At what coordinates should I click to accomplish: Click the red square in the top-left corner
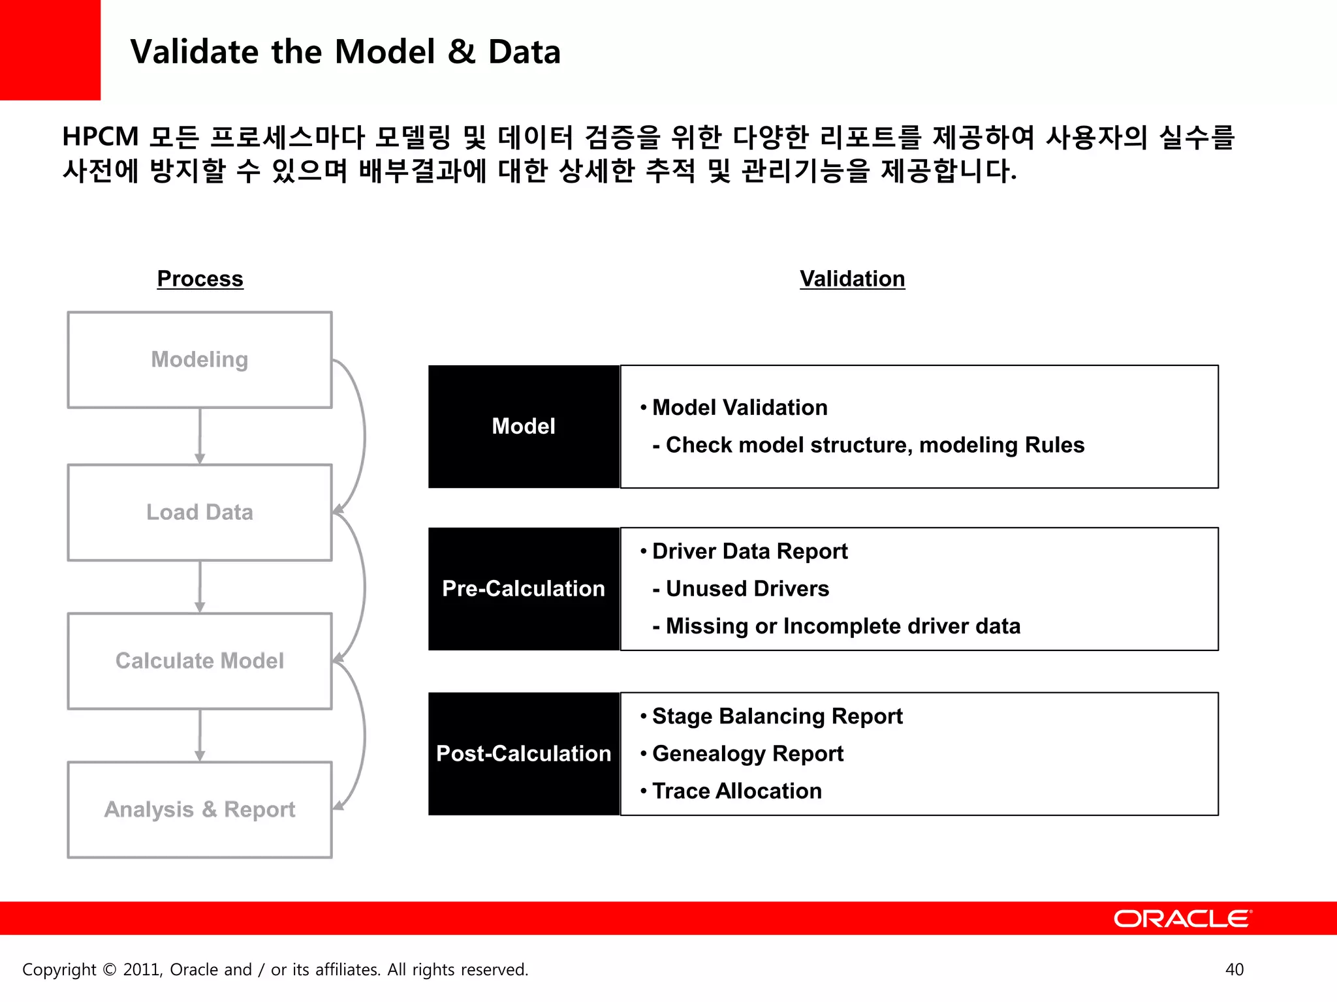click(50, 50)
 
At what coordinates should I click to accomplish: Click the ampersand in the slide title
click(462, 52)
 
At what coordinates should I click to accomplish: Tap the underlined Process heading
click(200, 279)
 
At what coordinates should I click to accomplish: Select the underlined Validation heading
click(852, 279)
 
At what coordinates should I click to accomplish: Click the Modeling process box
click(200, 360)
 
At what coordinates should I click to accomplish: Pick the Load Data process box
click(200, 513)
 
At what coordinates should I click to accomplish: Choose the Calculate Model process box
click(200, 661)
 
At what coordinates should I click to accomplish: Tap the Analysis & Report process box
click(200, 810)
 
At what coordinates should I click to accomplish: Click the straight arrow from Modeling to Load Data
click(200, 436)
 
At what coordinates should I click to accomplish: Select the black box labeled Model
click(524, 427)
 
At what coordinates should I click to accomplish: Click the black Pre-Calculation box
click(524, 589)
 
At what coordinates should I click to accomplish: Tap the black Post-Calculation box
click(524, 754)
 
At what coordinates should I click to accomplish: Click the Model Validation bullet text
click(739, 408)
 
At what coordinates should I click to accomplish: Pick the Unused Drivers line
click(747, 589)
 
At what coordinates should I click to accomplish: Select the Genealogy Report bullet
click(747, 754)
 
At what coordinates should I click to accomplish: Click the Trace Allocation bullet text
click(736, 791)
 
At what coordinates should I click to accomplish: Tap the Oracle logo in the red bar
click(1182, 918)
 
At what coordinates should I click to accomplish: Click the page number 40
click(1234, 970)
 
